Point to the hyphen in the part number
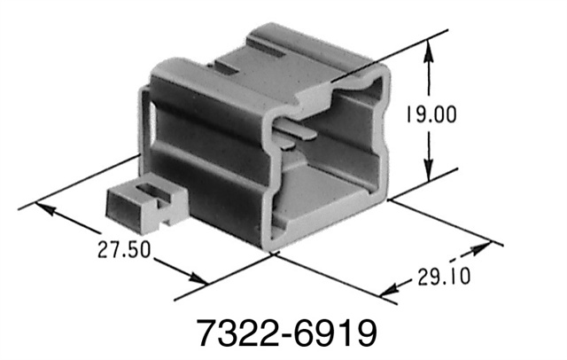pyautogui.click(x=283, y=335)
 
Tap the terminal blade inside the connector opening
pyautogui.click(x=299, y=133)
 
